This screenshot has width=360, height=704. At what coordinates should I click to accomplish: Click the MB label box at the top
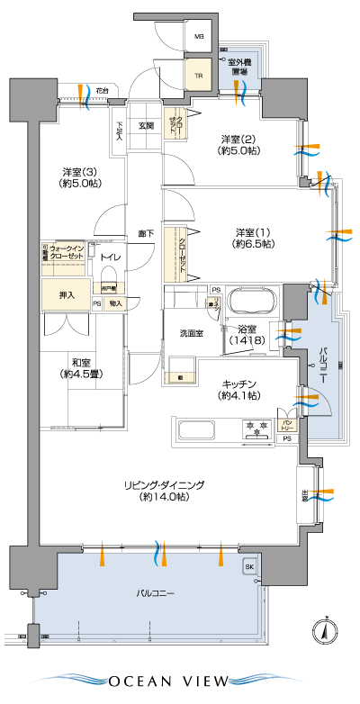pos(199,38)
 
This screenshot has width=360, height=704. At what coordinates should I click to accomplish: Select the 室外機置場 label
pos(238,67)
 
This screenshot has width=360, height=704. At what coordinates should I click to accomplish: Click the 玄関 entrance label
pos(146,126)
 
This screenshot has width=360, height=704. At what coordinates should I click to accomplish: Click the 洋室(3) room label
pos(80,177)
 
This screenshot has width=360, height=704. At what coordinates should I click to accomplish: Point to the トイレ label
pos(111,258)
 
